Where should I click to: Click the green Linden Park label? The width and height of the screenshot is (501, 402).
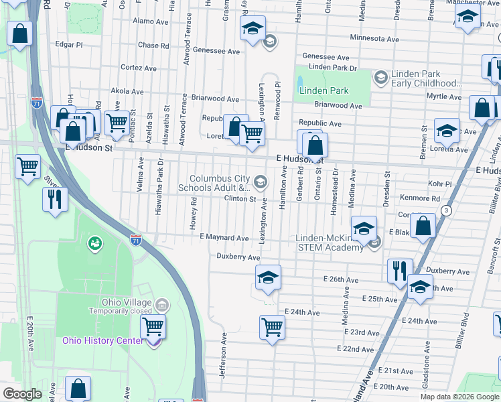[324, 90]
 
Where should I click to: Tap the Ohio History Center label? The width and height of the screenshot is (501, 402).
[102, 340]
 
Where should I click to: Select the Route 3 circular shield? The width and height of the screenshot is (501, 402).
[445, 210]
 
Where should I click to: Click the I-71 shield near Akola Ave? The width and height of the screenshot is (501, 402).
[37, 103]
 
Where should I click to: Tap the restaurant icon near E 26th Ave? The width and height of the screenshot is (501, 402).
[399, 271]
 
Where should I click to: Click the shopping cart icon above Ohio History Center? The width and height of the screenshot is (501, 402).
[153, 327]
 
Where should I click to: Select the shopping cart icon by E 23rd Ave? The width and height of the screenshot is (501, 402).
[272, 327]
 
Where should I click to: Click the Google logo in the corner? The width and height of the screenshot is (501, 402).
[23, 395]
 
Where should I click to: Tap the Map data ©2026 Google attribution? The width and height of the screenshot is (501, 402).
[459, 397]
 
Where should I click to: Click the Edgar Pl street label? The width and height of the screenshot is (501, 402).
[69, 45]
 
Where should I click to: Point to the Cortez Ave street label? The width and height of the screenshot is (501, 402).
[138, 68]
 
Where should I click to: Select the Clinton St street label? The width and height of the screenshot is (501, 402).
[240, 199]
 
